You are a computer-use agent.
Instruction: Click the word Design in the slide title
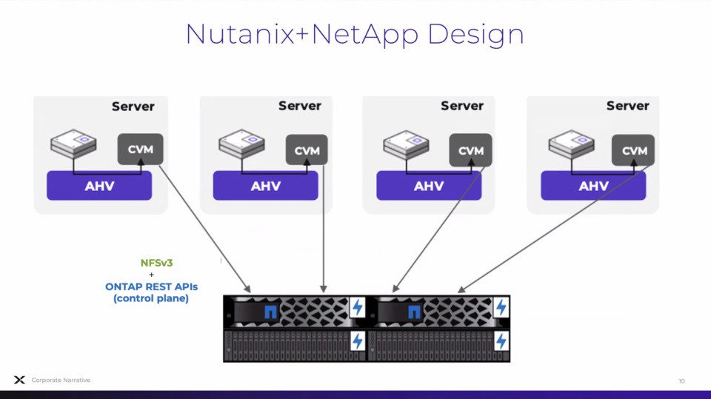pyautogui.click(x=476, y=35)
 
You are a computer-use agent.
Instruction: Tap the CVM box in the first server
pyautogui.click(x=140, y=150)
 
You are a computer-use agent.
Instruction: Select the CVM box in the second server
pyautogui.click(x=307, y=150)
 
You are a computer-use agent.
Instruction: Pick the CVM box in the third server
pyautogui.click(x=470, y=150)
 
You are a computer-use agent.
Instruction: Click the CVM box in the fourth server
pyautogui.click(x=634, y=150)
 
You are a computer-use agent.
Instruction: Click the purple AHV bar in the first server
pyautogui.click(x=99, y=186)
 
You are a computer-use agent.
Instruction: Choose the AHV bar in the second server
pyautogui.click(x=265, y=186)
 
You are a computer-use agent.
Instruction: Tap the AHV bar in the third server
pyautogui.click(x=428, y=186)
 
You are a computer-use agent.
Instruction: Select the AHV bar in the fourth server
pyautogui.click(x=593, y=186)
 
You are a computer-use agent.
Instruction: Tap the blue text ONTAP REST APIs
pyautogui.click(x=151, y=286)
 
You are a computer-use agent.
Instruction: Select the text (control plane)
pyautogui.click(x=151, y=298)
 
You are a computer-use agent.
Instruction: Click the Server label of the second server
pyautogui.click(x=300, y=106)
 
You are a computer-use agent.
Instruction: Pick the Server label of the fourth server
pyautogui.click(x=627, y=106)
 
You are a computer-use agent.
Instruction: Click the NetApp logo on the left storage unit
pyautogui.click(x=271, y=312)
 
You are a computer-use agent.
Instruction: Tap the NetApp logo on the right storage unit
pyautogui.click(x=414, y=312)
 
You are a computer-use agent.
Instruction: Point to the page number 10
pyautogui.click(x=681, y=380)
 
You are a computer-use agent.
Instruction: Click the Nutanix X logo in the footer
pyautogui.click(x=19, y=380)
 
